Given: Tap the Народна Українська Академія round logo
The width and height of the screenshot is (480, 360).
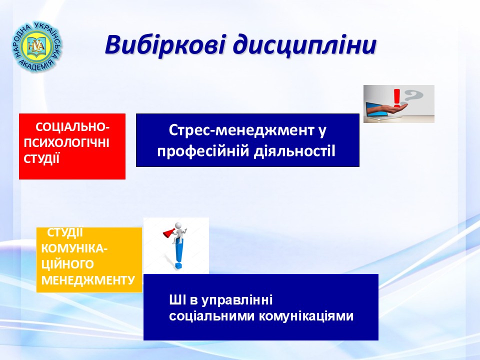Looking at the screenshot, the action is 37,46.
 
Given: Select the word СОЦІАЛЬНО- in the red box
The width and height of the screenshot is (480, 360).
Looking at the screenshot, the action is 72,127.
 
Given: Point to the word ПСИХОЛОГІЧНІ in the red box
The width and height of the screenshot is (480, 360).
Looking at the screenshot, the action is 66,143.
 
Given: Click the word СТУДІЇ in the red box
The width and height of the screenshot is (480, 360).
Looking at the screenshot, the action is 41,159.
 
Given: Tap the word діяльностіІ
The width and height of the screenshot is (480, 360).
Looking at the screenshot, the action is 294,151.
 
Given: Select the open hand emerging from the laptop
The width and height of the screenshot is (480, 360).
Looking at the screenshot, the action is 389,107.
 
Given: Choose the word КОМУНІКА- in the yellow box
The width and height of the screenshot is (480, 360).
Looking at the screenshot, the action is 74,248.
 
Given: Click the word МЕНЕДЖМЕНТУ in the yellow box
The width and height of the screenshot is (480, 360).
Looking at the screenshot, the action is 88,280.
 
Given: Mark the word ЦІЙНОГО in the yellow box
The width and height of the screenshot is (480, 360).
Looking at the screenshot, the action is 67,264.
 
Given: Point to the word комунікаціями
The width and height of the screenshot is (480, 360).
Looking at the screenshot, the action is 306,316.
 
